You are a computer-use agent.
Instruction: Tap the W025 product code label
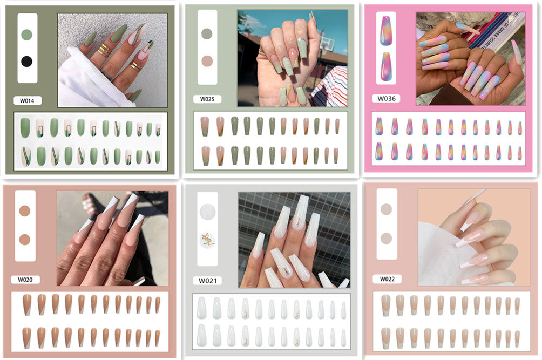pos(207,99)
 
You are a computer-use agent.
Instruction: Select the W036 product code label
pos(387,99)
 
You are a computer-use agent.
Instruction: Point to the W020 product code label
pos(25,279)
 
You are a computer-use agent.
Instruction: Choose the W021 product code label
pos(207,280)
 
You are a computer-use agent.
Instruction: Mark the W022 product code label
pos(387,279)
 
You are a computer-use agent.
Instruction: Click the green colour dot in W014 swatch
pos(26,35)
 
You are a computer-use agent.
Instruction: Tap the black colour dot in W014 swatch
pos(26,61)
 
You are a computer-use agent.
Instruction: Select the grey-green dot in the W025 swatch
pos(207,33)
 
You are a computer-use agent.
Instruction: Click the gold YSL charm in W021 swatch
pos(207,239)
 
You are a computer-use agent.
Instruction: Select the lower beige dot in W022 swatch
pos(387,238)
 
